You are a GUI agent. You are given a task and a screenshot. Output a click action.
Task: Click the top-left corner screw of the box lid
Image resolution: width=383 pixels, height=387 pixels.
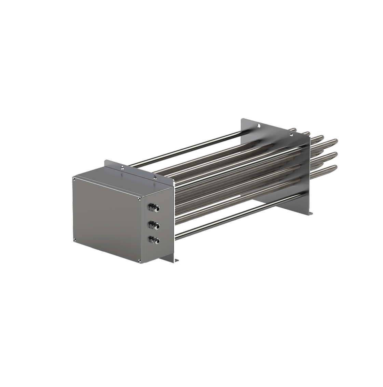pos(74,179)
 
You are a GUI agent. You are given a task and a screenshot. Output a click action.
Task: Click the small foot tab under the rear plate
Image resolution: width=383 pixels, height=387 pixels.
pos(310,213)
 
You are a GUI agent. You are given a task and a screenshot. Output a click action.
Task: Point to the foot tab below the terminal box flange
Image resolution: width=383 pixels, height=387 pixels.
pos(176,261)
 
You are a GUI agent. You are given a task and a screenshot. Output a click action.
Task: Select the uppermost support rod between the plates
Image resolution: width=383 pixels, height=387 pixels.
pos(184,149)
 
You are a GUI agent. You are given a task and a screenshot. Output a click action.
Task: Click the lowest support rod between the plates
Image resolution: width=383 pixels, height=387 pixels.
pos(239,215)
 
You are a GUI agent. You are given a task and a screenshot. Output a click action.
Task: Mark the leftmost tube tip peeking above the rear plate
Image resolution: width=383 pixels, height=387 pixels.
pos(293,130)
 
